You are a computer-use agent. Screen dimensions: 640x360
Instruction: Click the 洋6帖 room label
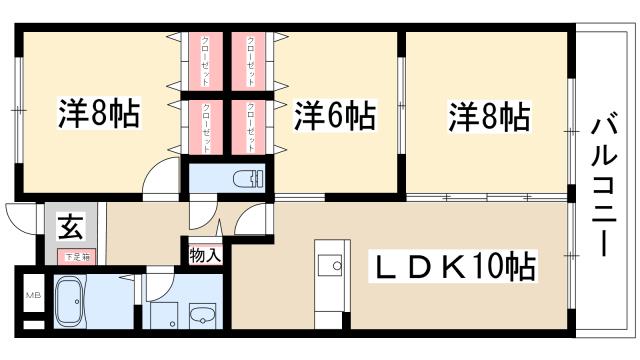coord(334,117)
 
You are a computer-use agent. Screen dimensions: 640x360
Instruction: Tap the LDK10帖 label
coord(455,268)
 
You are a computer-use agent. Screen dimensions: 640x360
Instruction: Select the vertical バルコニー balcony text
coord(604,186)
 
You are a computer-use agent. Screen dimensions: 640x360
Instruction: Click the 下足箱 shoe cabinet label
coord(78,256)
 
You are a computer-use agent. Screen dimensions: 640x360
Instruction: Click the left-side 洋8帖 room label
coord(98,114)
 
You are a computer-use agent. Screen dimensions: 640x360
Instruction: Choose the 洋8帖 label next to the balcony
coord(487,117)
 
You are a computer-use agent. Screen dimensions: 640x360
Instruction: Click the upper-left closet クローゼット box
coord(205,62)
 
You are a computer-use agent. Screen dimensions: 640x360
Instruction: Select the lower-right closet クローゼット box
coord(249,126)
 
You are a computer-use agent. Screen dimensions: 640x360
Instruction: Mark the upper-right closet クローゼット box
coord(249,62)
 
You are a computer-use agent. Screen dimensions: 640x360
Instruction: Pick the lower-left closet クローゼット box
coord(205,126)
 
